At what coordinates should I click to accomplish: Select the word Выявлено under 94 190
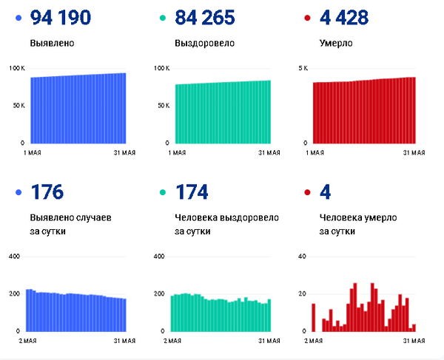53,43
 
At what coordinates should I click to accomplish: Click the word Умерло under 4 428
336,43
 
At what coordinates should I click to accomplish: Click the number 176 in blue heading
47,193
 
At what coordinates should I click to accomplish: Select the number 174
192,193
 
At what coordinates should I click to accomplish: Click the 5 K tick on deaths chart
303,69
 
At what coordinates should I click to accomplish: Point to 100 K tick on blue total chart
17,69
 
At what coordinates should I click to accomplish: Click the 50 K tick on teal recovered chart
162,106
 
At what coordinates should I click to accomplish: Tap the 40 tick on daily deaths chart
301,257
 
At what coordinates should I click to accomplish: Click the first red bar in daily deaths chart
314,317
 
